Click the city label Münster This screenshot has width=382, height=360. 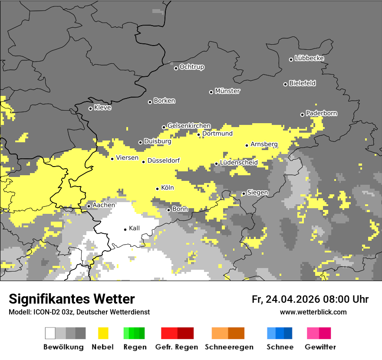click(227, 91)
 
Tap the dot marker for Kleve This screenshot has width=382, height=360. click(90, 108)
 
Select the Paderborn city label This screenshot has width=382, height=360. click(322, 114)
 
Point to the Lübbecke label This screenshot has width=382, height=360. click(309, 58)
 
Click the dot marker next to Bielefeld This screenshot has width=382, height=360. click(286, 84)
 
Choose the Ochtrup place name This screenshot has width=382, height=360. click(192, 67)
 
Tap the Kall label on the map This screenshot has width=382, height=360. click(135, 228)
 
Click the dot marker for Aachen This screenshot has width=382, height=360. click(89, 206)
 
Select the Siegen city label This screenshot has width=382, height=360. click(257, 193)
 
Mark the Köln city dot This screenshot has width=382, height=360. click(158, 189)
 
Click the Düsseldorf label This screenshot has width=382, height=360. click(164, 161)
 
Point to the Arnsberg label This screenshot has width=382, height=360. click(264, 144)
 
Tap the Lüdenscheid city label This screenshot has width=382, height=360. click(239, 163)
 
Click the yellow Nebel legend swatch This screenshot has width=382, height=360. click(103, 333)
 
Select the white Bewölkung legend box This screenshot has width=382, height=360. click(50, 333)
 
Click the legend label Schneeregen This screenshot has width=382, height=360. click(229, 347)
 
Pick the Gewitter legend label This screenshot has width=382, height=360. click(320, 347)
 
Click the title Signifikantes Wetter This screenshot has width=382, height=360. click(72, 299)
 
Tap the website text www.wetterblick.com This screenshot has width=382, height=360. click(313, 312)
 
